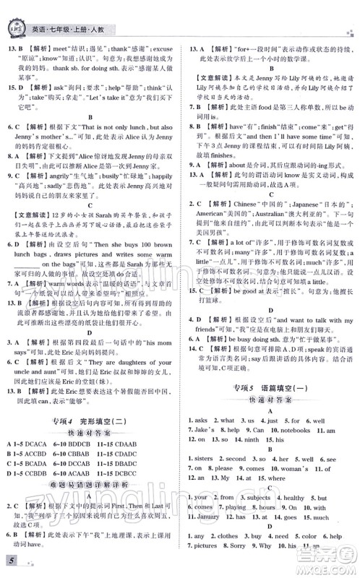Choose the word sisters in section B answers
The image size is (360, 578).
209,458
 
